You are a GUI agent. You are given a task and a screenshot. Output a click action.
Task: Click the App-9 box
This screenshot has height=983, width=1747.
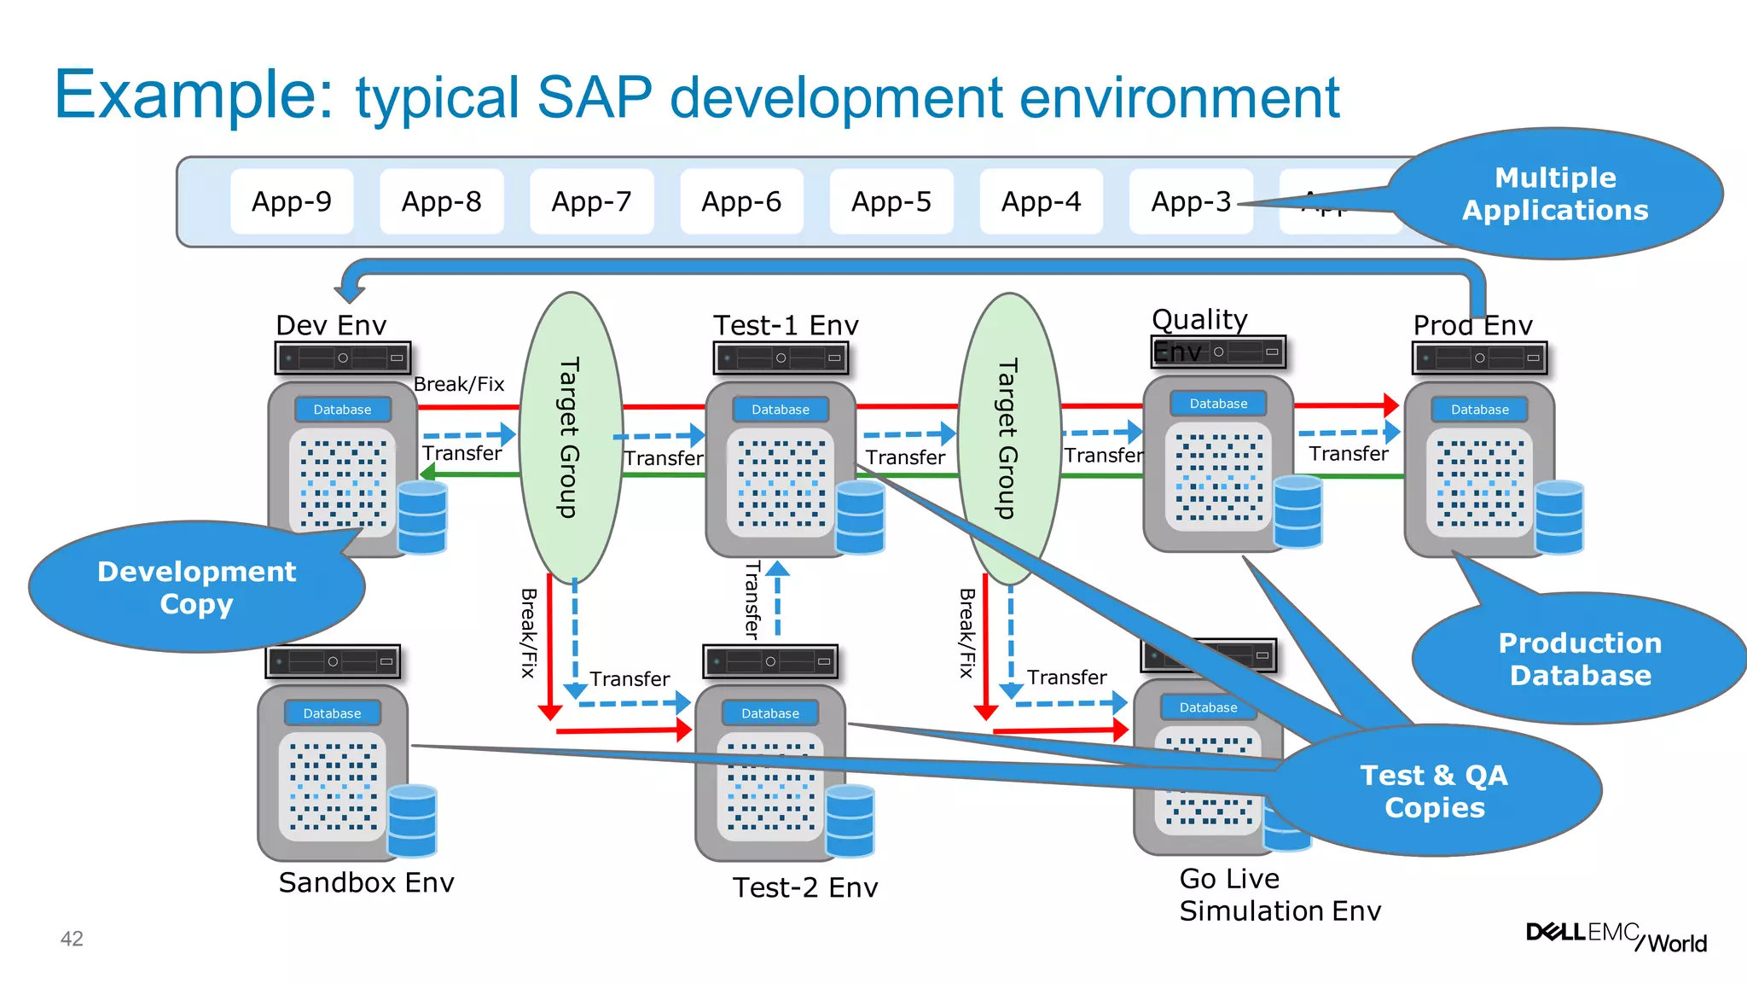pyautogui.click(x=292, y=201)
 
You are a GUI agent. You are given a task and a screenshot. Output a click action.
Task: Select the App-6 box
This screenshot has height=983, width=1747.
pyautogui.click(x=741, y=201)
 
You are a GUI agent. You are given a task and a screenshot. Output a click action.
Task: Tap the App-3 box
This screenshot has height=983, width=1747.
pyautogui.click(x=1191, y=201)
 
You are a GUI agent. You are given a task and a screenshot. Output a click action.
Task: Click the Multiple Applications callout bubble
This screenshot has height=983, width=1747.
pyautogui.click(x=1554, y=194)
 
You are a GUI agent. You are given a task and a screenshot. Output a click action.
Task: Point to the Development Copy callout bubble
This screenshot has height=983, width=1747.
pyautogui.click(x=196, y=587)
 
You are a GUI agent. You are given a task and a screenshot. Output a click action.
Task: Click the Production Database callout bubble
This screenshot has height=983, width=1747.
pyautogui.click(x=1580, y=659)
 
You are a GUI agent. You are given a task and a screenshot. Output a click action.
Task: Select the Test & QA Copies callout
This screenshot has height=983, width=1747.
pyautogui.click(x=1434, y=791)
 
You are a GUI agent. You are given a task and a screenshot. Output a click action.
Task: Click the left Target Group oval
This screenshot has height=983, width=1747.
pyautogui.click(x=570, y=438)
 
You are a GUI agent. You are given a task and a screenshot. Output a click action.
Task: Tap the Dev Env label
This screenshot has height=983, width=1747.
pyautogui.click(x=331, y=325)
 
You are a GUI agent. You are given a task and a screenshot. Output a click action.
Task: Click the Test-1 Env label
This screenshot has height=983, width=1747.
pyautogui.click(x=786, y=325)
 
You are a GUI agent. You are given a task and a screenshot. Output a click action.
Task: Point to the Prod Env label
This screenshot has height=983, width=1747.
pyautogui.click(x=1472, y=325)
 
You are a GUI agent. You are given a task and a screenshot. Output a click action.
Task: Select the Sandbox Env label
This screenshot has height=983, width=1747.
pyautogui.click(x=366, y=882)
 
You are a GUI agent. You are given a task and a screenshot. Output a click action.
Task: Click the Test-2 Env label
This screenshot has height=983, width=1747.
pyautogui.click(x=805, y=887)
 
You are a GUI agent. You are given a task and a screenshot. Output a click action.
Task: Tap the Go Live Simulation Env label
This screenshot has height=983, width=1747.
pyautogui.click(x=1280, y=894)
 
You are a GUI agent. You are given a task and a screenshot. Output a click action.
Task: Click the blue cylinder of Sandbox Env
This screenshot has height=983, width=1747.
pyautogui.click(x=412, y=820)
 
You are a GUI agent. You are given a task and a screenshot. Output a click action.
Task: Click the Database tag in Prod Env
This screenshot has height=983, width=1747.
pyautogui.click(x=1479, y=410)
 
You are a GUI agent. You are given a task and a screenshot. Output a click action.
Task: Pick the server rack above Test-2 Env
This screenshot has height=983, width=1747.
pyautogui.click(x=770, y=661)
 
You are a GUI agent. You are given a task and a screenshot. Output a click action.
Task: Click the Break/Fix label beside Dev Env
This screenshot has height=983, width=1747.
pyautogui.click(x=459, y=384)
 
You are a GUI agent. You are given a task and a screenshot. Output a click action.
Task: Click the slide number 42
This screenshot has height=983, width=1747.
pyautogui.click(x=72, y=939)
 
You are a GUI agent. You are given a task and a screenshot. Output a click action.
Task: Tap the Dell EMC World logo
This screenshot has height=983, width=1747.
pyautogui.click(x=1616, y=937)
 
